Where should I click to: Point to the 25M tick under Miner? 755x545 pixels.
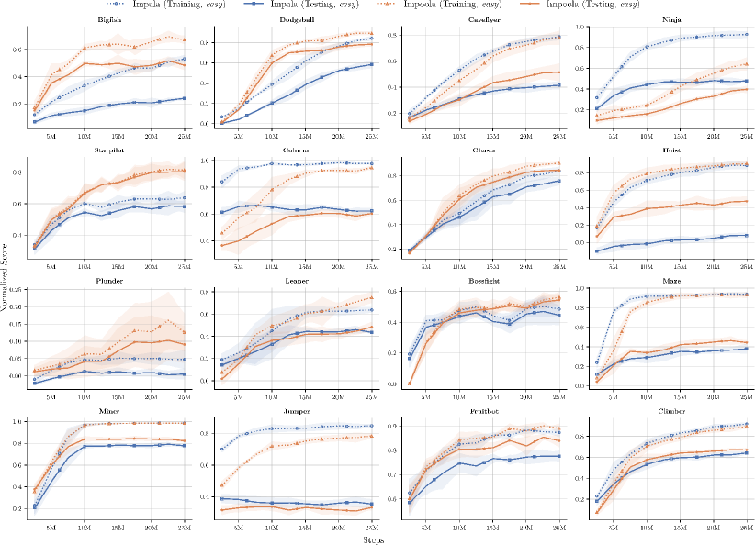point(184,529)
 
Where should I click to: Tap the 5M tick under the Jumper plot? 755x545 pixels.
point(239,529)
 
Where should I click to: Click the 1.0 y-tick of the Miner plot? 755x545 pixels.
point(17,422)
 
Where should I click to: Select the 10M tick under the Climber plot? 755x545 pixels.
point(645,529)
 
